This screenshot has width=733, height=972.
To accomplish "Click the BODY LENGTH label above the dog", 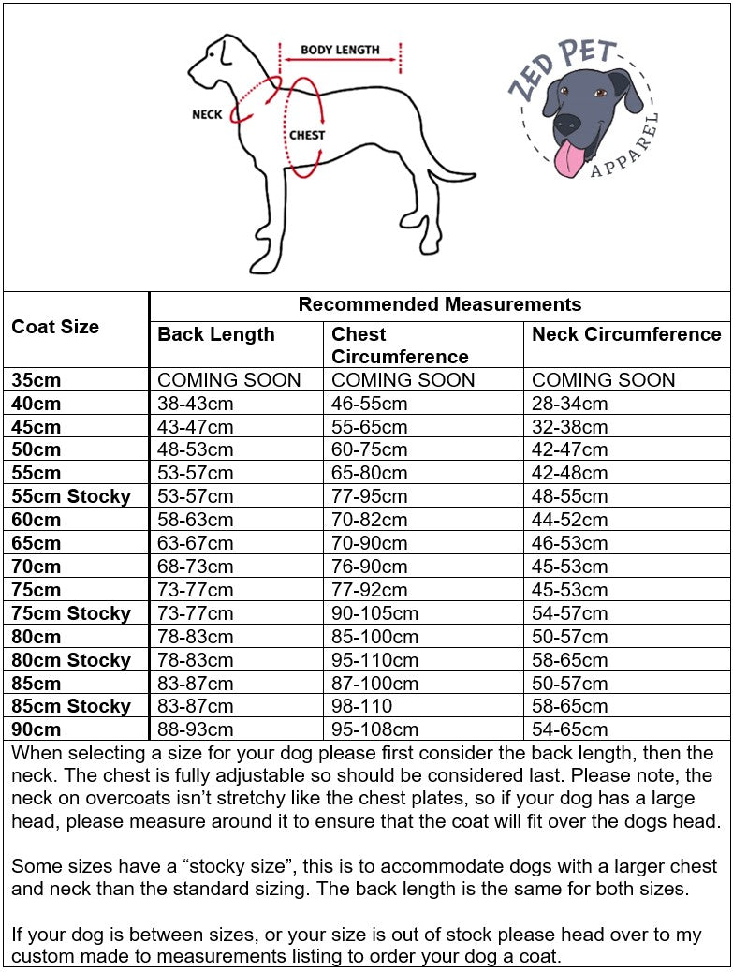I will (340, 50).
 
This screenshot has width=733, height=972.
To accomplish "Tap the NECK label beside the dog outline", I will (207, 114).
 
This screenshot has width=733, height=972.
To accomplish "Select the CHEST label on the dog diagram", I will (306, 135).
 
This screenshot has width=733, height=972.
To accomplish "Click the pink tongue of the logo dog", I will (567, 160).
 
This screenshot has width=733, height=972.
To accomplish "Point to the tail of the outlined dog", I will (449, 175).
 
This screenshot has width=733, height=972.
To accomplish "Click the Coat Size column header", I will (55, 327).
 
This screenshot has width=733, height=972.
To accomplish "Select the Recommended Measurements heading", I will (439, 304).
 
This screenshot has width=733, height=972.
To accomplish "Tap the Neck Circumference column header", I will (626, 334).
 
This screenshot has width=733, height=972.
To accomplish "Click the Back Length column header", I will (216, 334).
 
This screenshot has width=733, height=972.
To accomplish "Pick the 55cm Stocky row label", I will (71, 496).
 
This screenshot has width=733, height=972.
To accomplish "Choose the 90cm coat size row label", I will (37, 729).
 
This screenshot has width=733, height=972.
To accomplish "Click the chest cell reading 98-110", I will (362, 706).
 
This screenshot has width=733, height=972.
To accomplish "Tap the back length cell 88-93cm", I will (196, 729).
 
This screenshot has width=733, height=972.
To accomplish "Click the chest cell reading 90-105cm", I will (374, 613).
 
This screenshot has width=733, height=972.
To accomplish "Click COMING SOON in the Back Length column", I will (229, 380).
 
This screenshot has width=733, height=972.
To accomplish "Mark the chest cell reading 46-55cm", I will (370, 404).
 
